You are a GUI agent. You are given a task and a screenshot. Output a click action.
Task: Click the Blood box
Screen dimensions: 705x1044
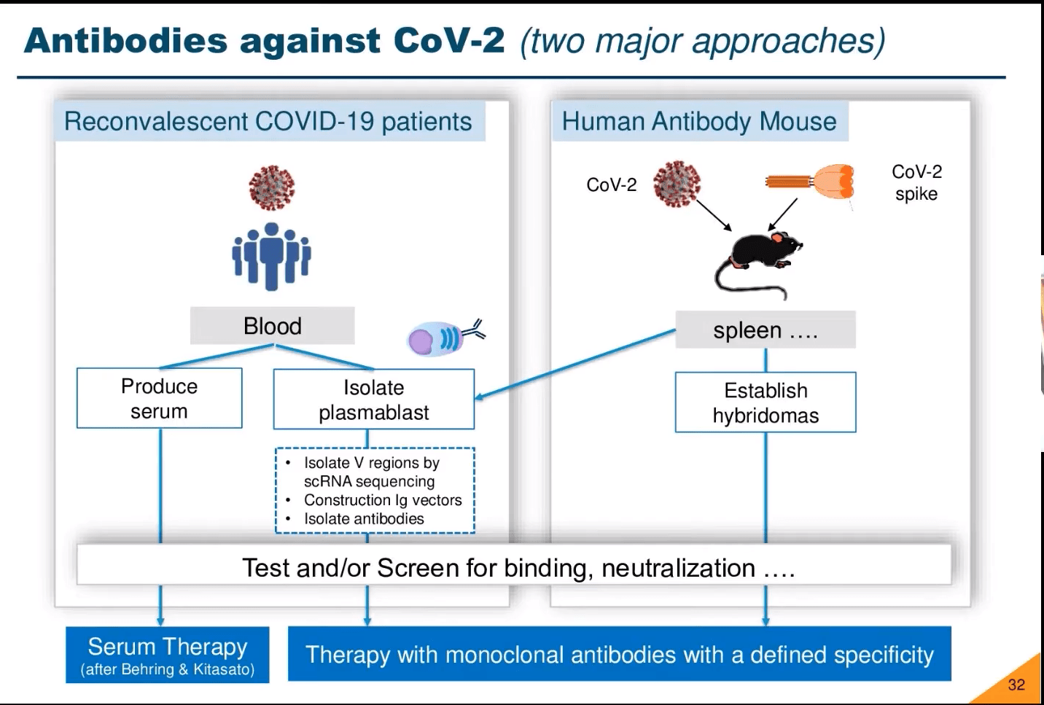click(x=272, y=326)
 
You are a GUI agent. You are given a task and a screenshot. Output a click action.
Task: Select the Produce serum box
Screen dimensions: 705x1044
click(x=159, y=398)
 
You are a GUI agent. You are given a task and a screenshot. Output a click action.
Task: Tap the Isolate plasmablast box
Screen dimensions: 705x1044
click(x=373, y=400)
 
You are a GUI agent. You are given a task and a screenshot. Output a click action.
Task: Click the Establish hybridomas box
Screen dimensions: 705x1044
click(x=766, y=402)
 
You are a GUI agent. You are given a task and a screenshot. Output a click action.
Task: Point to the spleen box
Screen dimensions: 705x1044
click(x=766, y=330)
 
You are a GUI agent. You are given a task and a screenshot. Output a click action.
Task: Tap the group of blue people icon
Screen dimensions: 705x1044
click(x=271, y=255)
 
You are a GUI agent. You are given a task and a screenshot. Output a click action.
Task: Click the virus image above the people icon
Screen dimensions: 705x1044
click(x=271, y=187)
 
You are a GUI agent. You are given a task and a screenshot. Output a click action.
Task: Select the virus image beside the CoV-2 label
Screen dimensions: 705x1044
click(x=677, y=184)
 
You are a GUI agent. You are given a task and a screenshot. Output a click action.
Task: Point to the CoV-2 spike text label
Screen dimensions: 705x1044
click(x=916, y=182)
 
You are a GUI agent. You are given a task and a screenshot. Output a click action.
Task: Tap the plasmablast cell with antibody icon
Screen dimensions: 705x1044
click(x=442, y=338)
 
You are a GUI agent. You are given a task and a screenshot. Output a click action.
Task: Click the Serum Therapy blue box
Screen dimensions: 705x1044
click(x=167, y=655)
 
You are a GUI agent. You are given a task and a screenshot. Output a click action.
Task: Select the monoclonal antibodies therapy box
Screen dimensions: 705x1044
click(x=619, y=654)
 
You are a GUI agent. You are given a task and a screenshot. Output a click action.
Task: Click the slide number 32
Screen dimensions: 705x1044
click(x=1016, y=685)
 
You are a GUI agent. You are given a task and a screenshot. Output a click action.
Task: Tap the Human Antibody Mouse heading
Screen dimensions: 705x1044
click(x=698, y=121)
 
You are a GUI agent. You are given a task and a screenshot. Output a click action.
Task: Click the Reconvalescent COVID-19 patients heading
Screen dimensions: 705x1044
click(x=268, y=121)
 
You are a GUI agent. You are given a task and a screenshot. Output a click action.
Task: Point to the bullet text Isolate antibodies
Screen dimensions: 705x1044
click(x=364, y=519)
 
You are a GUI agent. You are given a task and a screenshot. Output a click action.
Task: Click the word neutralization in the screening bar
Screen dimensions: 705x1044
click(x=678, y=568)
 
